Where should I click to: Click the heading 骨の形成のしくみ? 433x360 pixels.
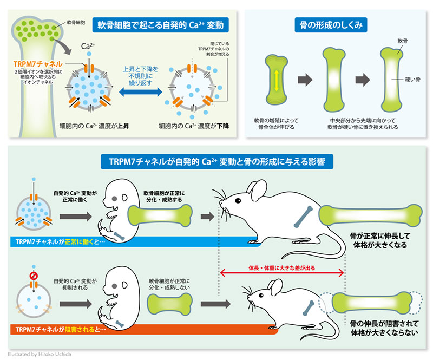click(331, 24)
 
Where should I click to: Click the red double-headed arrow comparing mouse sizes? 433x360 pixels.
click(282, 276)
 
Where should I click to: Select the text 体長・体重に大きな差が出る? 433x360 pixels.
click(282, 267)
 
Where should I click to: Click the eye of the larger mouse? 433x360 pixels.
click(238, 200)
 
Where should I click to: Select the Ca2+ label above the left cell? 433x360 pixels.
click(80, 47)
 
